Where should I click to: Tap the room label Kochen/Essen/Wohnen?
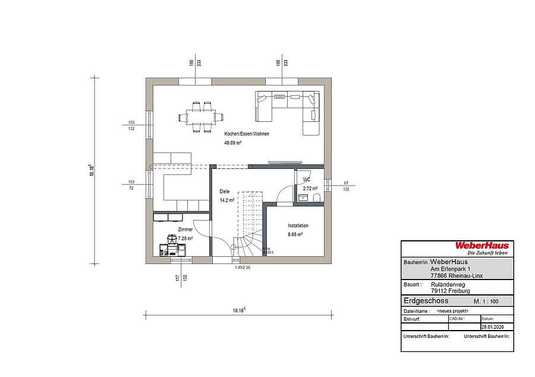(x=246, y=134)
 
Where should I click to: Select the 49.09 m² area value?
(x=232, y=144)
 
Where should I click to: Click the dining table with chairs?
(x=200, y=116)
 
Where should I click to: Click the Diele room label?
(x=224, y=191)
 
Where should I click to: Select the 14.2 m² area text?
(x=227, y=201)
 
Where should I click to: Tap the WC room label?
(x=307, y=179)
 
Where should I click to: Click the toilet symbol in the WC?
(x=316, y=197)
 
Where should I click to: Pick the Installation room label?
(x=298, y=226)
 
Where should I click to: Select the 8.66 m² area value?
(x=295, y=235)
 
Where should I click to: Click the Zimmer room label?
(x=184, y=229)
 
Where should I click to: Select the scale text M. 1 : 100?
(x=486, y=302)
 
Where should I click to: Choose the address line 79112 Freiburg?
(x=449, y=291)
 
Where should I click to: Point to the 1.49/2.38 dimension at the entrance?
(x=243, y=267)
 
